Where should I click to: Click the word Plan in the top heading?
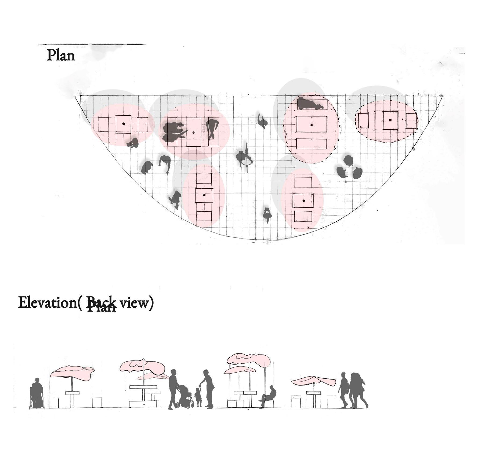tap(61, 56)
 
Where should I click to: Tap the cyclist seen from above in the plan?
tap(245, 158)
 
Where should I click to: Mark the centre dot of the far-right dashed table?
tap(390, 120)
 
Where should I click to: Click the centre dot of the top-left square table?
tap(124, 124)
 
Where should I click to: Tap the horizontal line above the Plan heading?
tap(92, 44)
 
